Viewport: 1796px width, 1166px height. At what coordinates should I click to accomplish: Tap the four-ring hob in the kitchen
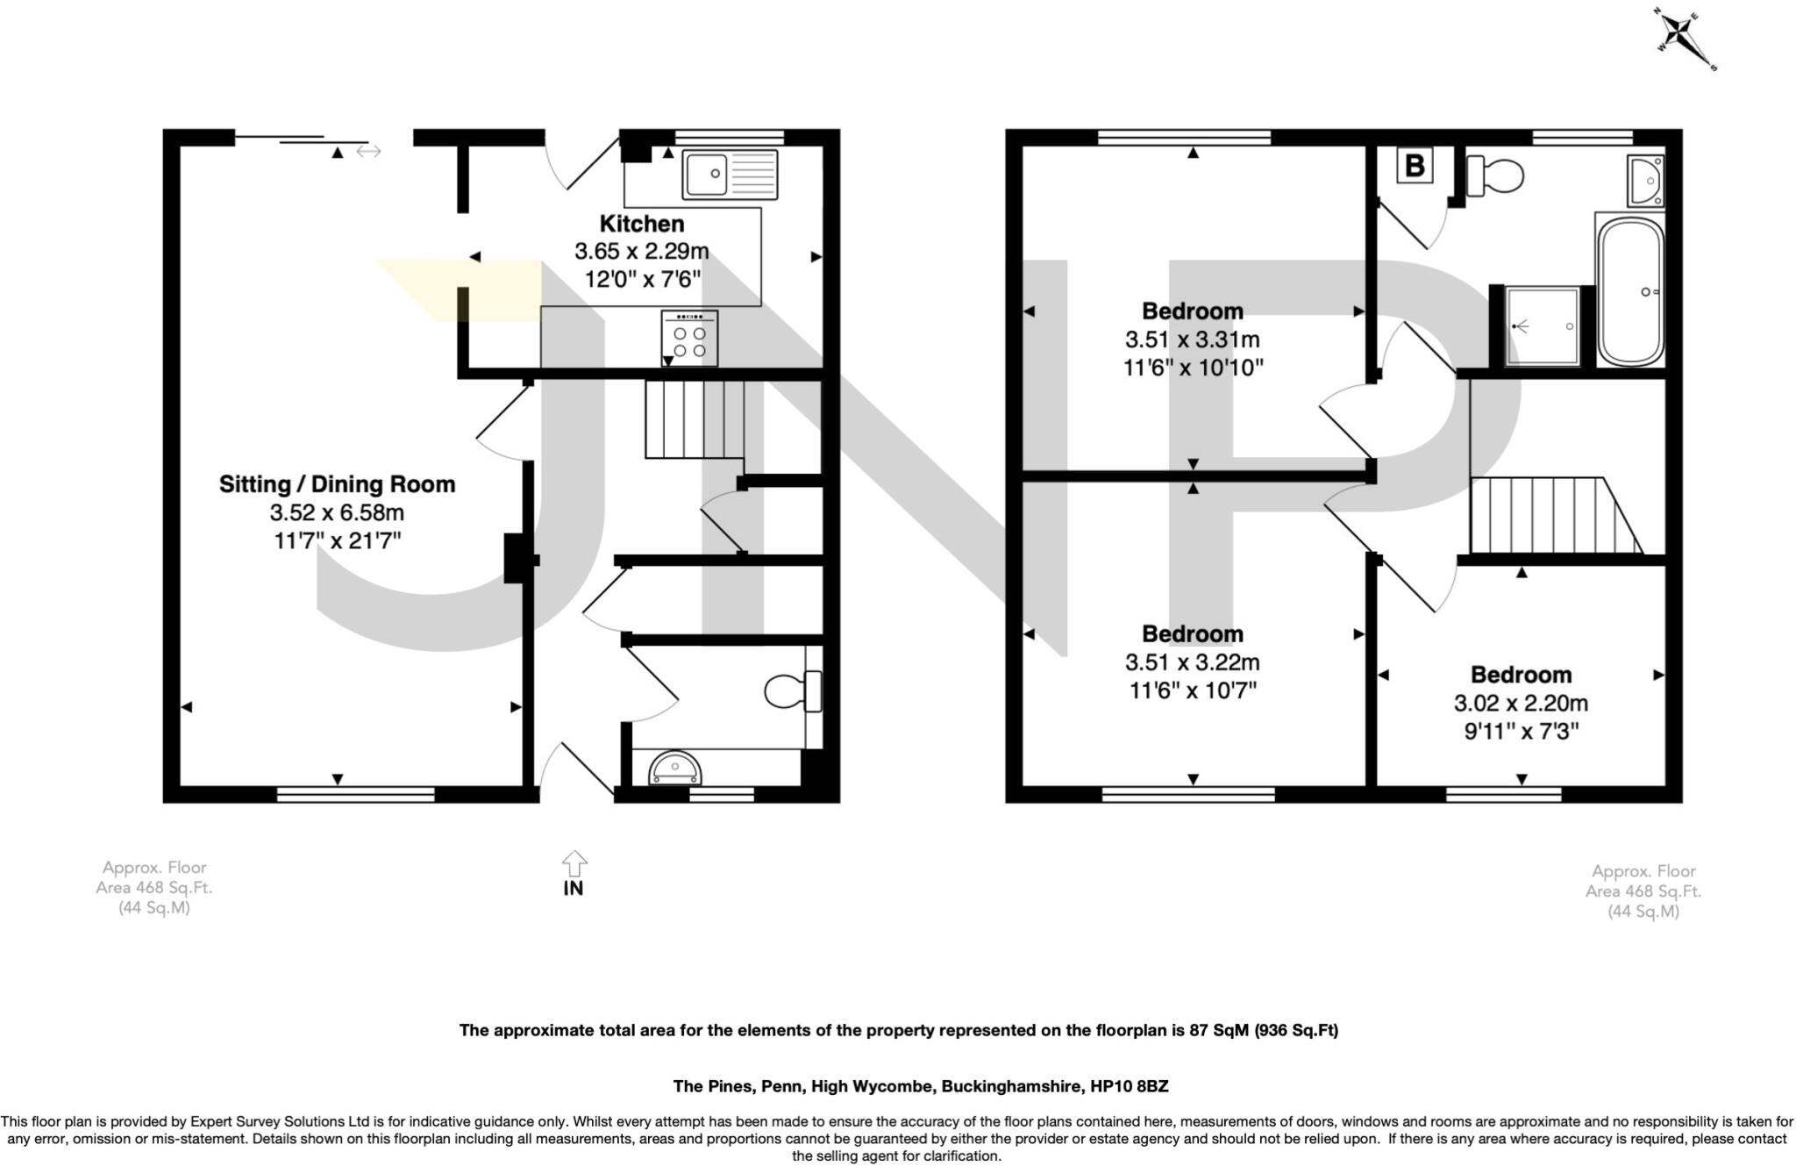tap(689, 340)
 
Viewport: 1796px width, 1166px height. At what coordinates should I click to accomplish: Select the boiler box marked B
tap(1414, 165)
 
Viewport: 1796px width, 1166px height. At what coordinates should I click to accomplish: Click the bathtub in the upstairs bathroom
tap(1630, 291)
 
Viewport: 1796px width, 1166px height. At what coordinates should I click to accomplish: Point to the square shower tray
tap(1543, 326)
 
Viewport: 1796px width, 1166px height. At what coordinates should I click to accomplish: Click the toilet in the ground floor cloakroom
tap(792, 691)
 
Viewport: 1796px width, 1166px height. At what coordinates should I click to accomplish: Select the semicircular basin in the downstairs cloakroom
tap(675, 769)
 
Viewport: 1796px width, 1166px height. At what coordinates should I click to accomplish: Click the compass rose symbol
tap(1681, 39)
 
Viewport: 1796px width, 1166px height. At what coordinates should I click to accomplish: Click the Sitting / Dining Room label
tap(337, 484)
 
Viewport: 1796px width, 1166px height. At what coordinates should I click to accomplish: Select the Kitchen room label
tap(641, 224)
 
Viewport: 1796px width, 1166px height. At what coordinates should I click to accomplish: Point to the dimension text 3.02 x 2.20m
tap(1521, 704)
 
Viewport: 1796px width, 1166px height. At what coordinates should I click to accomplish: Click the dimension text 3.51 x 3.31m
tap(1192, 340)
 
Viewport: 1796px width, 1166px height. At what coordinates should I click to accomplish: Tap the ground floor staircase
tap(695, 419)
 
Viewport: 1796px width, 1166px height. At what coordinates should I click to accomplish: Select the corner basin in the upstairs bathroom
tap(1645, 181)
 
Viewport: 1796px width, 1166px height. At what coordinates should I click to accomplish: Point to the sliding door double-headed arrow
tap(368, 152)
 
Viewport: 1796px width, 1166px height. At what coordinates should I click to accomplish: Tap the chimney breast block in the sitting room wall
tap(517, 559)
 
